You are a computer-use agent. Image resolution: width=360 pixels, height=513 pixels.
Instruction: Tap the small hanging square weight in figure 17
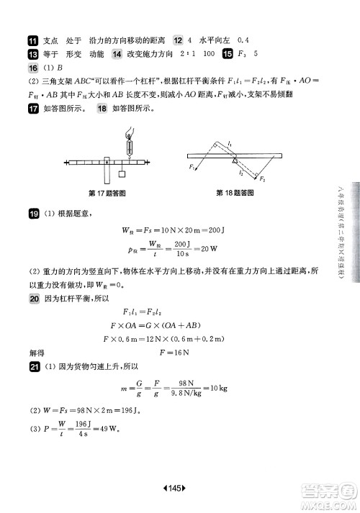point(121,173)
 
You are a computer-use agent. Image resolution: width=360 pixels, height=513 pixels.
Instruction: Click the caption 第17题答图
point(107,194)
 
